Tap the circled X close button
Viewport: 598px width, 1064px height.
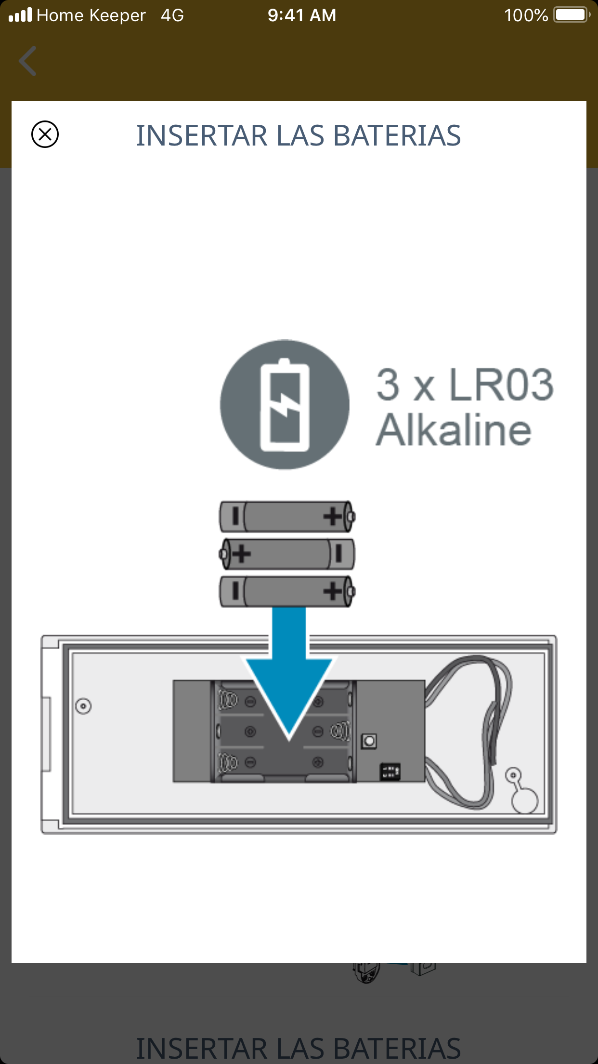(x=45, y=134)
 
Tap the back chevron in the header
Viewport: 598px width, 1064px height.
(x=27, y=61)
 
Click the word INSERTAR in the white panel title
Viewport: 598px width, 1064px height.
(x=201, y=135)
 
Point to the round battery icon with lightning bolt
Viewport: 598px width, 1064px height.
(x=285, y=404)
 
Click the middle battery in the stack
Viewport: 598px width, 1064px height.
(x=287, y=554)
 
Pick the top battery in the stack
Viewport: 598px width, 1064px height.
(x=287, y=517)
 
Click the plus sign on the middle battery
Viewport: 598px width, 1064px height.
(x=241, y=554)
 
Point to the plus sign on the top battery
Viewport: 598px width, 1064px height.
(x=333, y=517)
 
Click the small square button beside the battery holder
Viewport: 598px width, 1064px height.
(x=369, y=741)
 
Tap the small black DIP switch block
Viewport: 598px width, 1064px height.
(x=390, y=771)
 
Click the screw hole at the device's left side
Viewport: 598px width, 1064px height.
(x=83, y=706)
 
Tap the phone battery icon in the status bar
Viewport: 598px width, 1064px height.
(x=572, y=15)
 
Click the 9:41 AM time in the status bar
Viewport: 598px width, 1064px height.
(x=302, y=15)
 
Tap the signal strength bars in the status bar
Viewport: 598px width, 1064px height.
(x=20, y=15)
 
